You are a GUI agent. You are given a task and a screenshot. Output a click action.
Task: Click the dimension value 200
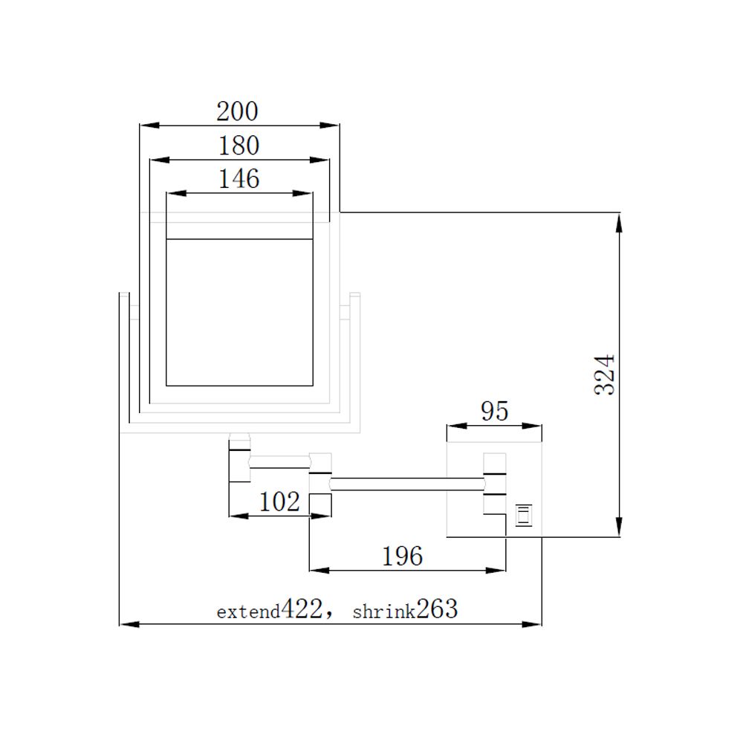(x=237, y=111)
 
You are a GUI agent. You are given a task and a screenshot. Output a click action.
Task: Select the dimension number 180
(x=239, y=146)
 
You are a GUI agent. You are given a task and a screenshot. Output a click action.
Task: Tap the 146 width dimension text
(x=239, y=179)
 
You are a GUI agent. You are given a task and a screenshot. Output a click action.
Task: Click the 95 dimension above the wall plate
(x=494, y=411)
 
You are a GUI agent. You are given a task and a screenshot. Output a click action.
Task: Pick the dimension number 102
(x=279, y=502)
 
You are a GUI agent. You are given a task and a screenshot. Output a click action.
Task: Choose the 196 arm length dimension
(x=402, y=555)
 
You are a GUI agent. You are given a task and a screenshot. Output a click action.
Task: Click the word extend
(x=248, y=612)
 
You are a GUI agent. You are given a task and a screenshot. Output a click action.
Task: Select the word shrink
(x=383, y=612)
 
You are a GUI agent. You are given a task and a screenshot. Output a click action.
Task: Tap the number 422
(x=302, y=610)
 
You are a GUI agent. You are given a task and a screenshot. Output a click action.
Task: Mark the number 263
(x=437, y=610)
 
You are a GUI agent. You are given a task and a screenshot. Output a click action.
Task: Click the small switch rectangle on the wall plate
(x=524, y=514)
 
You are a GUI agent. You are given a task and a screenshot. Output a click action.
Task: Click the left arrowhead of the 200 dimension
(x=147, y=126)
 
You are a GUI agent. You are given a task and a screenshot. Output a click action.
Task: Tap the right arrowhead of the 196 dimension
(x=499, y=570)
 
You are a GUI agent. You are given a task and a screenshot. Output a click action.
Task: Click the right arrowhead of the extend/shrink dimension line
(x=534, y=624)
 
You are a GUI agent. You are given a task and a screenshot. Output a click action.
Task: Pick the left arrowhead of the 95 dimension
(x=452, y=426)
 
